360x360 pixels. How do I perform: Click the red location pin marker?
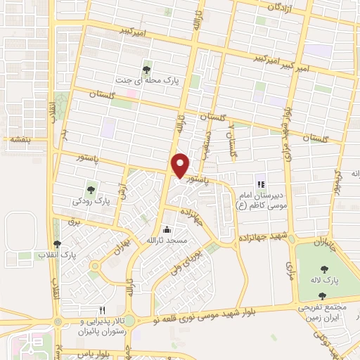click(x=181, y=166)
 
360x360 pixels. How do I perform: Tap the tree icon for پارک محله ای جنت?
click(x=146, y=69)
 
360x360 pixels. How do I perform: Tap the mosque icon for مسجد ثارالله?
click(x=167, y=229)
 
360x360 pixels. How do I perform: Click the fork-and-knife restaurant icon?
click(x=103, y=309)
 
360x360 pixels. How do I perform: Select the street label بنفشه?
click(x=18, y=139)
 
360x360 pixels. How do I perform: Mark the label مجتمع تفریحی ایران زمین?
click(x=323, y=314)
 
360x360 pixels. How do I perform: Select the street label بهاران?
click(x=117, y=248)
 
